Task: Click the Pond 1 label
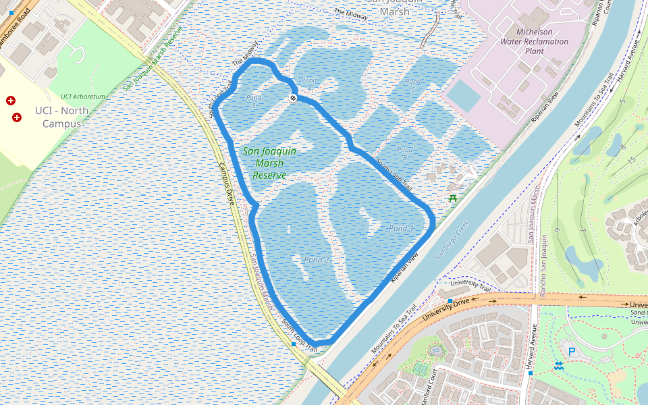(401, 229)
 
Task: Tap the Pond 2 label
(316, 260)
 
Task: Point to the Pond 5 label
(254, 101)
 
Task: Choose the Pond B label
(405, 153)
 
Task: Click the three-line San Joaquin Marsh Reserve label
(269, 163)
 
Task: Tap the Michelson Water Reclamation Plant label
(534, 41)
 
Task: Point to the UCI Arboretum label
(83, 97)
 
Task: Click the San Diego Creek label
(452, 238)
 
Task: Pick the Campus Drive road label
(225, 184)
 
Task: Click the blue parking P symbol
(572, 351)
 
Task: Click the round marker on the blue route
(294, 99)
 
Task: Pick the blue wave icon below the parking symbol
(559, 366)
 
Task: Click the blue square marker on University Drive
(450, 300)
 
